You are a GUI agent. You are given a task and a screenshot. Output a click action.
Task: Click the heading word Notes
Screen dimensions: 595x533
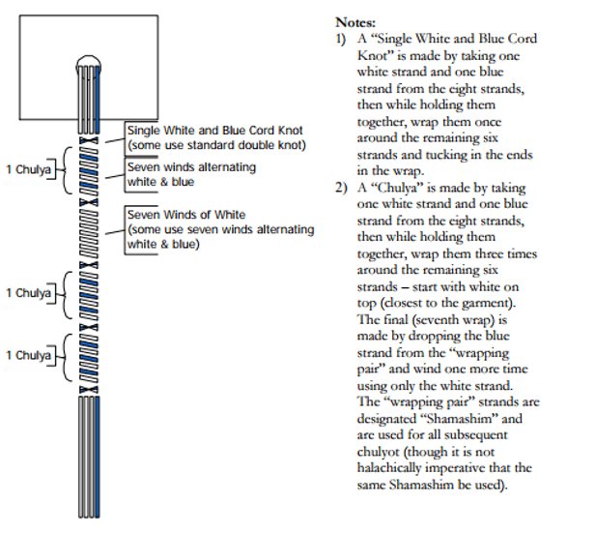click(x=355, y=22)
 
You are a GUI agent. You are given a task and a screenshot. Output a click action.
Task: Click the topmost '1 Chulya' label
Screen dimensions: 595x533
click(x=28, y=169)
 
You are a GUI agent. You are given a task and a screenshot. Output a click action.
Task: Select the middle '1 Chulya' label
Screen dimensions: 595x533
click(x=28, y=293)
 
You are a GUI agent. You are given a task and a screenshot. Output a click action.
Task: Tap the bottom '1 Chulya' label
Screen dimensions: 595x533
click(x=28, y=355)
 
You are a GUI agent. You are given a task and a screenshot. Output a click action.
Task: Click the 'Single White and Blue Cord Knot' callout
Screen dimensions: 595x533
click(x=214, y=131)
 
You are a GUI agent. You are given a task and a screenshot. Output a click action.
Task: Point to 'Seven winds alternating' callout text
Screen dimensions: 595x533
click(x=191, y=167)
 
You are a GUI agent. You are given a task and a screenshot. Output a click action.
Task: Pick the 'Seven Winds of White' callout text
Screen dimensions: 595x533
click(x=186, y=215)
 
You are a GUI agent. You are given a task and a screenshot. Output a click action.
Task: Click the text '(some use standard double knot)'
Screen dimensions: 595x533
click(x=216, y=145)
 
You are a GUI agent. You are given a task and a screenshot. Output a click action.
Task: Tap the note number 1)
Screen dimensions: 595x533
click(x=340, y=39)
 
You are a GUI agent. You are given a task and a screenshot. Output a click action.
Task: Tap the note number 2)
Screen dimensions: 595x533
click(x=341, y=188)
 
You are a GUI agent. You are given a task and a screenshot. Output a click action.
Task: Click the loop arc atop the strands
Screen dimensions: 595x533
click(x=89, y=57)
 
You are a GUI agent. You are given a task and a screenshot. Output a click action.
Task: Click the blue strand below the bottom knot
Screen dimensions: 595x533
click(x=98, y=457)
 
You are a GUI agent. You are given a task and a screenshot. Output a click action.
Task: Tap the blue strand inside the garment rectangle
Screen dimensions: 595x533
click(x=98, y=100)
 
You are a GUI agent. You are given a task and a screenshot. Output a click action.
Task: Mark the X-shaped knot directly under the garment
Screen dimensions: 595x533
click(x=89, y=140)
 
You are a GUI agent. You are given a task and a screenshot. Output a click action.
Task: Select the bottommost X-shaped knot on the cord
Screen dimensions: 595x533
click(x=89, y=390)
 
